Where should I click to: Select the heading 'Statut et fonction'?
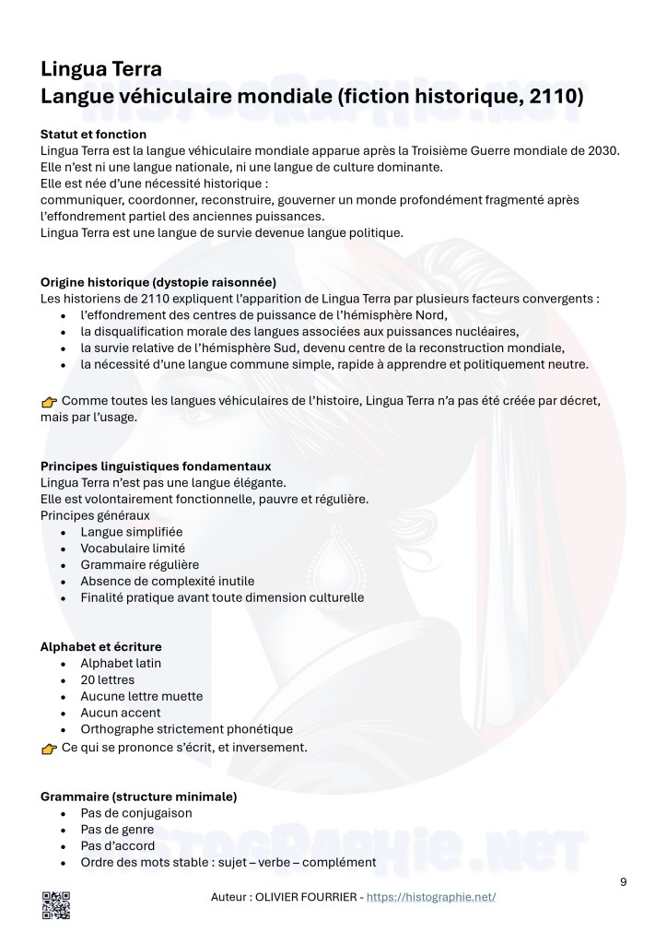[94, 134]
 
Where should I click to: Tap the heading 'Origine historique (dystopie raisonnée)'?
[158, 282]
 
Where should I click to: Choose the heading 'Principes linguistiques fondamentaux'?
[156, 466]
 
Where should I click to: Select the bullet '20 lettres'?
[107, 679]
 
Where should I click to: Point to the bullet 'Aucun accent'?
[121, 713]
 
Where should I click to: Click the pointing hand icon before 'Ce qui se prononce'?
[50, 748]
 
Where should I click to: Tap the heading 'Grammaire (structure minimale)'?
[139, 796]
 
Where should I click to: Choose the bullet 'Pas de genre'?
[117, 829]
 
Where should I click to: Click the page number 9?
[624, 881]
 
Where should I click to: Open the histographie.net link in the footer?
[431, 896]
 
